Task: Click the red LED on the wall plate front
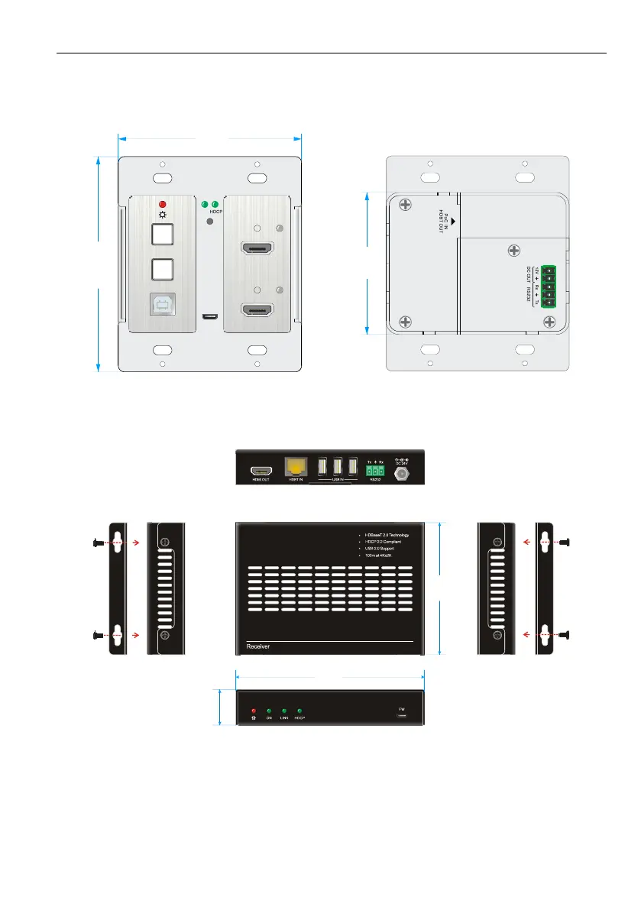pos(162,204)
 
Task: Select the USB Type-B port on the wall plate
pos(163,304)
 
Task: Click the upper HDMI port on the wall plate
pos(258,249)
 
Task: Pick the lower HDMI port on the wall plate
pos(258,310)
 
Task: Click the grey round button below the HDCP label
pos(209,222)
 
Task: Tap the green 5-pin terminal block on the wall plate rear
pos(548,286)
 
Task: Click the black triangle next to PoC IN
pos(453,221)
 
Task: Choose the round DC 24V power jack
pos(399,474)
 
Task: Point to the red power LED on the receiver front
pos(253,711)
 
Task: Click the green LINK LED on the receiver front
pos(283,711)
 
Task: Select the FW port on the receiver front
pos(402,717)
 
